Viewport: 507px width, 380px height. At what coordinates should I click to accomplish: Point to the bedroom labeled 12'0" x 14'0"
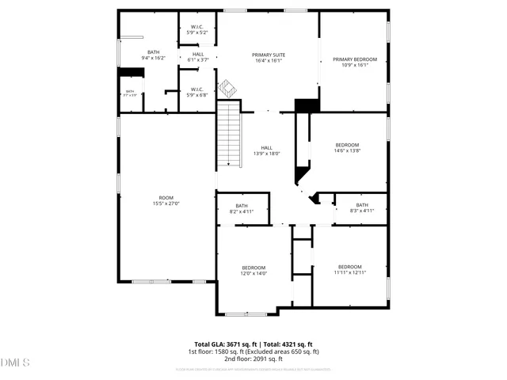point(253,271)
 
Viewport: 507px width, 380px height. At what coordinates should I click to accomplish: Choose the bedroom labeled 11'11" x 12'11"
point(349,269)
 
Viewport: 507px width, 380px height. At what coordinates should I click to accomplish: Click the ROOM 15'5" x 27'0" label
point(166,200)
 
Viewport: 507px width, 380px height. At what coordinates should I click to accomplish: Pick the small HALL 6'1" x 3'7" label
point(197,57)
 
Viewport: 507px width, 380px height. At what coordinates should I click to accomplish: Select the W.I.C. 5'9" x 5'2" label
point(197,30)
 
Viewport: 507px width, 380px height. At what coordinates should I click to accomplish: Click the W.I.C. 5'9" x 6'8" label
point(197,92)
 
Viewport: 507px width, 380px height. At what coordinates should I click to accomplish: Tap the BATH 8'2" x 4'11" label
point(242,208)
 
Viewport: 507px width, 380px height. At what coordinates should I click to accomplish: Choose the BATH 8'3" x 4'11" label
point(362,207)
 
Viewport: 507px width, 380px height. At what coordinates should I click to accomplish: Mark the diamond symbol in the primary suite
point(227,86)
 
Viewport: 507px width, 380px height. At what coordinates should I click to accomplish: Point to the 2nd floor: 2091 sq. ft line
point(253,359)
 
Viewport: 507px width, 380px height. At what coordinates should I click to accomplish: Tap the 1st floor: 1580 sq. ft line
point(253,351)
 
